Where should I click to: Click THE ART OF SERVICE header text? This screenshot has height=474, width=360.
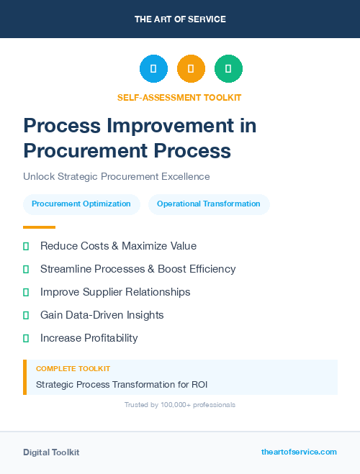(180, 19)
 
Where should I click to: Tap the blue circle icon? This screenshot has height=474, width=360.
(153, 68)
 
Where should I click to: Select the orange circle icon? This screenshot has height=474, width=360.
(191, 68)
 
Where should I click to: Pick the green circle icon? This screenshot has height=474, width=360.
(228, 68)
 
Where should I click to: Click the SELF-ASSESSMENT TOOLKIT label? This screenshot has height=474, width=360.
(179, 97)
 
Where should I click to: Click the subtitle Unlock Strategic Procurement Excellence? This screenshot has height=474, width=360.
(116, 176)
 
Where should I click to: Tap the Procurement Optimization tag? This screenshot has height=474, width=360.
(81, 204)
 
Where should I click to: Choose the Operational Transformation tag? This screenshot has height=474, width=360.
(209, 204)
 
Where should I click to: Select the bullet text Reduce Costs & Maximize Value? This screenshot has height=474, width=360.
(118, 246)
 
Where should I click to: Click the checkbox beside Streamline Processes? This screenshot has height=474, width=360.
(26, 269)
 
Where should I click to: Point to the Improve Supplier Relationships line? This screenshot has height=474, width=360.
(115, 292)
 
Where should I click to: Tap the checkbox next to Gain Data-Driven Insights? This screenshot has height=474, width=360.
(26, 315)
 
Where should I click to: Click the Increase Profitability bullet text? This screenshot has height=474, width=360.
(89, 338)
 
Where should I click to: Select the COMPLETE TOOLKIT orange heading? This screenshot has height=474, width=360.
(73, 369)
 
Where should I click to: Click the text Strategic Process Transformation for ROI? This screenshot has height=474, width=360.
(122, 385)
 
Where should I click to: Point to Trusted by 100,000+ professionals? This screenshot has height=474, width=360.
(180, 405)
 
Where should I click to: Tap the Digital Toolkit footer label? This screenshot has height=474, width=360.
(51, 452)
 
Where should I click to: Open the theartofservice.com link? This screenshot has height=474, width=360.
(299, 452)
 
